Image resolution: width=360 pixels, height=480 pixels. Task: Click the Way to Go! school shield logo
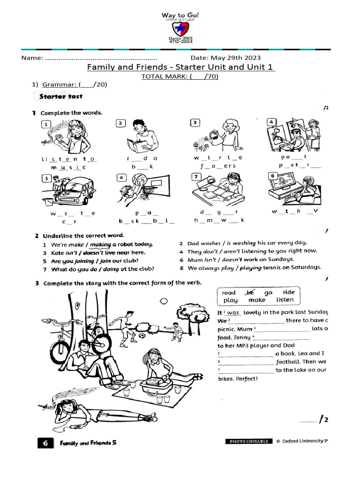click(180, 29)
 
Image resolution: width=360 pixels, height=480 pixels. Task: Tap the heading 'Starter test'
click(61, 96)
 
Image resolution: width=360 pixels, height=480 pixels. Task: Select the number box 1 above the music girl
click(45, 124)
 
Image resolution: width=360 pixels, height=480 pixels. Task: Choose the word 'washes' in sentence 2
click(210, 243)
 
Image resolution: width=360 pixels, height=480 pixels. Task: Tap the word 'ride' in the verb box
click(288, 292)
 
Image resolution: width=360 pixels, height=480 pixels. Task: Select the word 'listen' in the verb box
click(285, 300)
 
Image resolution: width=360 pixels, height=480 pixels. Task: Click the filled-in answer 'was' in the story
click(233, 313)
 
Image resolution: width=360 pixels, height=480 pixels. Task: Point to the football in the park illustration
click(142, 336)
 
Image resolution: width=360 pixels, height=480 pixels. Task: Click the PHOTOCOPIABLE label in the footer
click(248, 442)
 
